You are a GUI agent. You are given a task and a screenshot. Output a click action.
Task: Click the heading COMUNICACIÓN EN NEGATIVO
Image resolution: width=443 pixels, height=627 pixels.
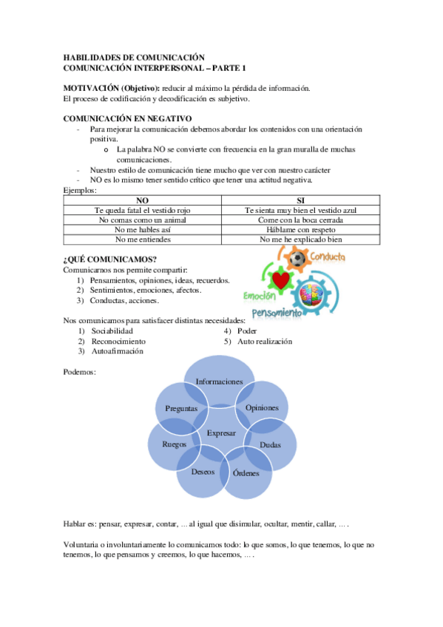click(128, 118)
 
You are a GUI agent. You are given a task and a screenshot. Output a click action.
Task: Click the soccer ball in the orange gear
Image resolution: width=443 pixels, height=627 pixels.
click(298, 260)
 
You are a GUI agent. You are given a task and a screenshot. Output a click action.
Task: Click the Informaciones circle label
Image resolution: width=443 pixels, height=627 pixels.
click(220, 382)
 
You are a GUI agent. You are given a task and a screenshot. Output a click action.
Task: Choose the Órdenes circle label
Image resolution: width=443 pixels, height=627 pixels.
click(246, 472)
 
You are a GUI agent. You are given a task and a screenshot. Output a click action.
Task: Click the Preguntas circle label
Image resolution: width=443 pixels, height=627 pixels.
click(181, 408)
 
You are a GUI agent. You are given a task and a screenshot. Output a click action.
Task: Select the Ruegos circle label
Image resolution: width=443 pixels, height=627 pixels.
click(175, 444)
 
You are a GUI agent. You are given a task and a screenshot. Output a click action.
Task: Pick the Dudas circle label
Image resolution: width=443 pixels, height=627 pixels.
click(270, 444)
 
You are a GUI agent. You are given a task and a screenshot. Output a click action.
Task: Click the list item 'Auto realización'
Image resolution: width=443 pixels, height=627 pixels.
click(265, 342)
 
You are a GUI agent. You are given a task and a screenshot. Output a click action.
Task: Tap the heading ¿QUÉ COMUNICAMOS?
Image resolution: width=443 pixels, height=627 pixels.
click(109, 259)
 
